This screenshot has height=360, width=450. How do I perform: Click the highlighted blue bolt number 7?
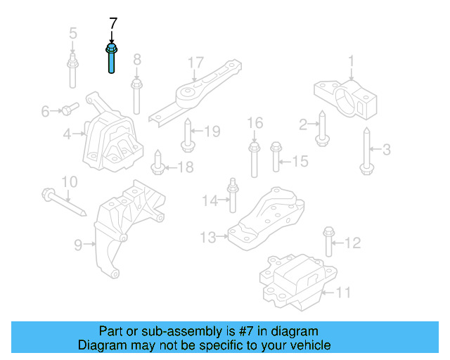tap(112, 59)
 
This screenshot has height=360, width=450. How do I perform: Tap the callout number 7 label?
tap(112, 24)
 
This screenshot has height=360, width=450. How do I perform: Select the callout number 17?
tap(195, 63)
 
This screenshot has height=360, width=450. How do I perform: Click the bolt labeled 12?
tap(328, 242)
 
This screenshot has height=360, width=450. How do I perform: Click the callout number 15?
tap(300, 162)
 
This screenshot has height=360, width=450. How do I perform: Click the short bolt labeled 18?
tap(158, 165)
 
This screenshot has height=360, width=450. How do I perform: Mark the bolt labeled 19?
tap(188, 136)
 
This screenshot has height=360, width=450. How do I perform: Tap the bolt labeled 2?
tap(322, 128)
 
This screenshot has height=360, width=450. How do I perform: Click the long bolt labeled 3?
tap(366, 150)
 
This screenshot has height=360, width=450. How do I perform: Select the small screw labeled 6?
tap(67, 109)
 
